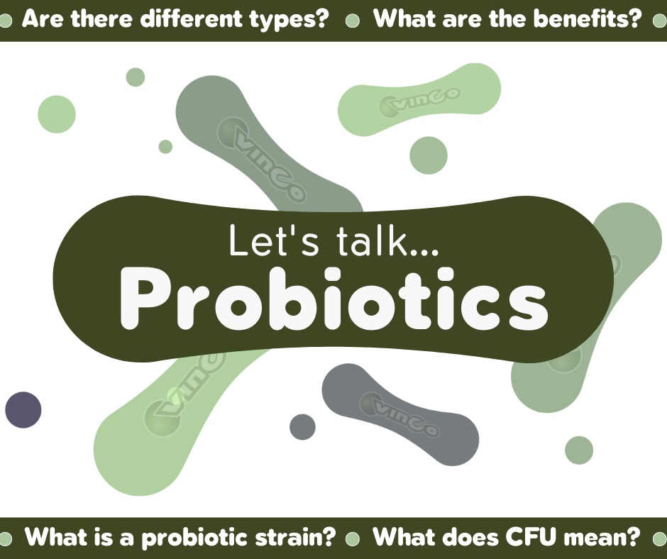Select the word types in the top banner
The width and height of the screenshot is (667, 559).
[288, 19]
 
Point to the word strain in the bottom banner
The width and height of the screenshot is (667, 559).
[292, 537]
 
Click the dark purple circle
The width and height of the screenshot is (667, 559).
[23, 409]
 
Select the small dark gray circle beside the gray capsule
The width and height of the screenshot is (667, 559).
[302, 426]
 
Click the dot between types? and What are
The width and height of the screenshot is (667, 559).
[351, 21]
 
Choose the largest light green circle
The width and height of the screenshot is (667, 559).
[57, 114]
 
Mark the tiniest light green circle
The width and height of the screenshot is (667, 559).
[165, 147]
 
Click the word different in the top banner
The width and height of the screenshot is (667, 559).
[183, 19]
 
